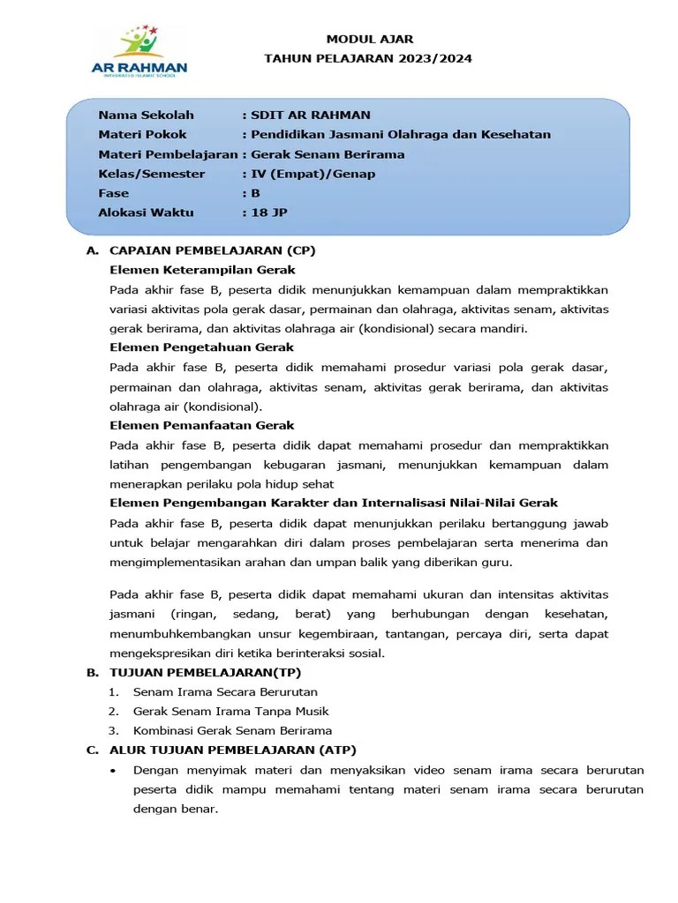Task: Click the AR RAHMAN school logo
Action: [139, 55]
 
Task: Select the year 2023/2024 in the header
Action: [433, 59]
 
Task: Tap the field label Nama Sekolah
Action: [146, 116]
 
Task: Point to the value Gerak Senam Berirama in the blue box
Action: [328, 154]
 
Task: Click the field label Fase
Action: [113, 193]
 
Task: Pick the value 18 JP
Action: [269, 213]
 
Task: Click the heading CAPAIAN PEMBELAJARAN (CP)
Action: [212, 250]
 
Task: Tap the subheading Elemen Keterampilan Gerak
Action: [202, 270]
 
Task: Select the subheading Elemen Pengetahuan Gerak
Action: [201, 347]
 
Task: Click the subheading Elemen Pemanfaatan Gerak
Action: [201, 425]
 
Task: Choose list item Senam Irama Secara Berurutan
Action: [225, 692]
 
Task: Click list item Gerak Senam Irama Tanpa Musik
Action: [230, 712]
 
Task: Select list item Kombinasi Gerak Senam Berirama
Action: [232, 731]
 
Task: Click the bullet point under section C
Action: [114, 770]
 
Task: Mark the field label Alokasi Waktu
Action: [146, 213]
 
